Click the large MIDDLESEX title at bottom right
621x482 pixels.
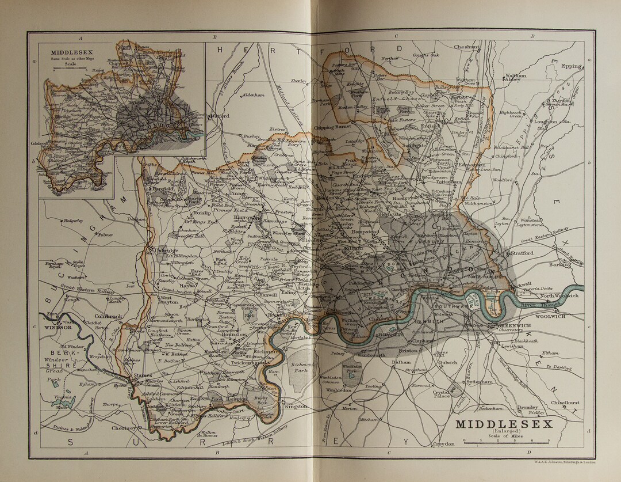click(x=504, y=424)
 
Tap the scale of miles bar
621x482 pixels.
click(x=506, y=441)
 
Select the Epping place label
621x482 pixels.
click(x=572, y=66)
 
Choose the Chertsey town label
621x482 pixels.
click(x=125, y=428)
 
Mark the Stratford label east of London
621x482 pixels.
click(x=522, y=252)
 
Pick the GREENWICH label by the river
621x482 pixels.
click(x=512, y=326)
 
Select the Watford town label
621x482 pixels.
click(x=220, y=116)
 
